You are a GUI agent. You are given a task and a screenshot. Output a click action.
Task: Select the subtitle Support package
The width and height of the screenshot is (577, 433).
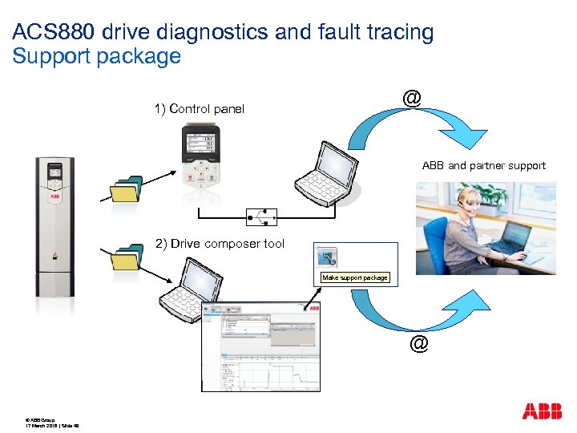[x=97, y=57]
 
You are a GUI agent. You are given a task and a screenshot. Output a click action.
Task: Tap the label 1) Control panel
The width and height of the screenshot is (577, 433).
[x=199, y=109]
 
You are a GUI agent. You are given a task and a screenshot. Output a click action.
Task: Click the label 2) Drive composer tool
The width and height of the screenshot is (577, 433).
[x=220, y=244]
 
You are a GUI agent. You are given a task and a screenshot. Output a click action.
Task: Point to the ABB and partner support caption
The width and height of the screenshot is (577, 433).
[x=483, y=166]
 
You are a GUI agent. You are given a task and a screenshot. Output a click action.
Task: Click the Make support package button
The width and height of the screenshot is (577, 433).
[x=354, y=277]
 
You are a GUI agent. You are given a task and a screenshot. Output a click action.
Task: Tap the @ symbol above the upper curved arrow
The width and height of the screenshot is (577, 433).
[x=411, y=98]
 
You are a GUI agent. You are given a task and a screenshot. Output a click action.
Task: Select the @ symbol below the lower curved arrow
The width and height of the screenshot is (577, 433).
[x=418, y=344]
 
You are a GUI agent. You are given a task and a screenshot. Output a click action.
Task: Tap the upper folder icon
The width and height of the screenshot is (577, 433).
[x=126, y=189]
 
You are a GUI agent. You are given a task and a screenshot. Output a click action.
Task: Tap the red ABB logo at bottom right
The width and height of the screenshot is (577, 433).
[x=542, y=412]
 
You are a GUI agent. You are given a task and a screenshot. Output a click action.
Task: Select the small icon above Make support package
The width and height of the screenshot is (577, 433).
[x=326, y=257]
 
